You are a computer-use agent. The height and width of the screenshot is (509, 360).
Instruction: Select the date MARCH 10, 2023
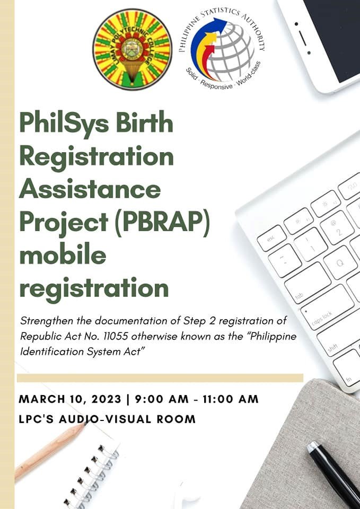pyautogui.click(x=69, y=399)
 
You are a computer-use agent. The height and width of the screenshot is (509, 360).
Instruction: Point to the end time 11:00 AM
pyautogui.click(x=229, y=399)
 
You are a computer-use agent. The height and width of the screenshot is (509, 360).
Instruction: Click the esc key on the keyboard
pyautogui.click(x=271, y=238)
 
